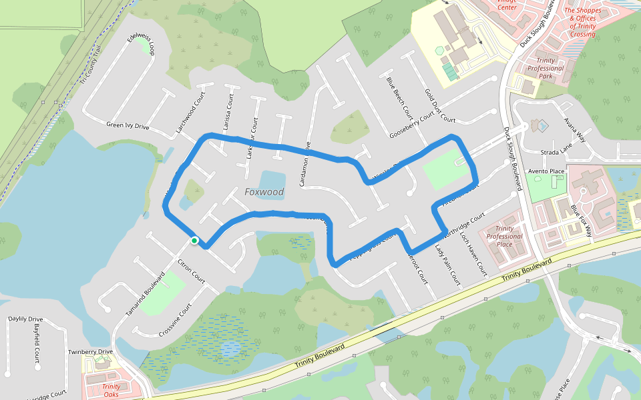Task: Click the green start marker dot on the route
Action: click(x=194, y=240)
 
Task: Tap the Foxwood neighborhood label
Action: click(x=264, y=192)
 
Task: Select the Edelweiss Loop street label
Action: click(x=144, y=42)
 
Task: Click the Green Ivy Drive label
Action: click(x=128, y=125)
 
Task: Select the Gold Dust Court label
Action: click(x=439, y=107)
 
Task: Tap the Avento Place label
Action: click(x=547, y=171)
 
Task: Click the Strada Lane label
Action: click(x=557, y=152)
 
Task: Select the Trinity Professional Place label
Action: click(x=505, y=237)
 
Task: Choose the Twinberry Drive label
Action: click(x=90, y=351)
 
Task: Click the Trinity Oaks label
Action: click(x=111, y=390)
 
